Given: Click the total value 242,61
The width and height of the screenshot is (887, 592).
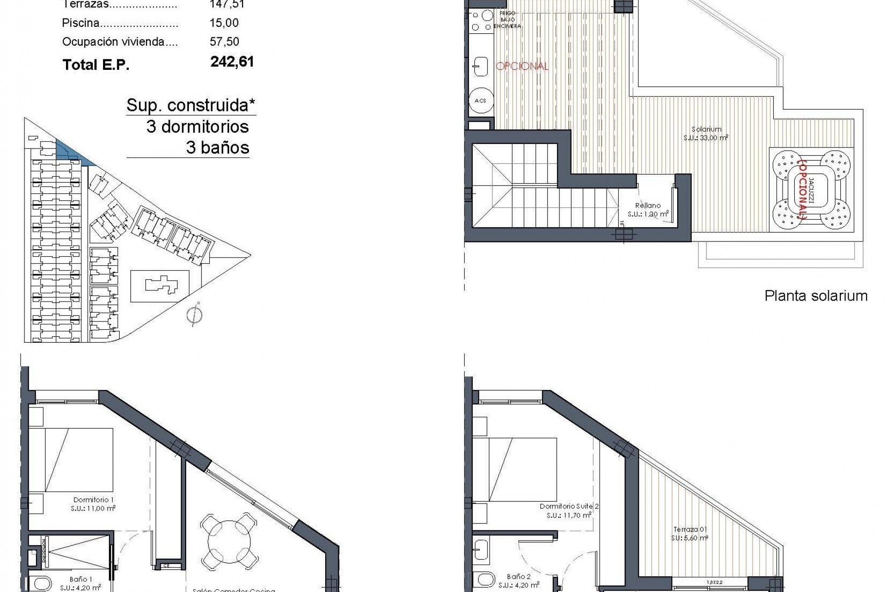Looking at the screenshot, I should coord(232,62).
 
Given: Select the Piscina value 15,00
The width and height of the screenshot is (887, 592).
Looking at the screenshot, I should coord(224,23).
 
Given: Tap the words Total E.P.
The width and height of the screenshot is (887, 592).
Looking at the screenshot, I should coord(96,65).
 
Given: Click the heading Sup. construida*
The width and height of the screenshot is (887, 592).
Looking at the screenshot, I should coord(191,105).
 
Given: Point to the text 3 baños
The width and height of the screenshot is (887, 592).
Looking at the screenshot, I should coord(218,148).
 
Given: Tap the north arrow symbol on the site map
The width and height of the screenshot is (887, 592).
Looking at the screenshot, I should coord(195,315).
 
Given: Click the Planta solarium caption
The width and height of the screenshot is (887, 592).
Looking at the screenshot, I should coord(816,296).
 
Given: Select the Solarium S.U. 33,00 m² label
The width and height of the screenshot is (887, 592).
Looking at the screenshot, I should coord(706,134).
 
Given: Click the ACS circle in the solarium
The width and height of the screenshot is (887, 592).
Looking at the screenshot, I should coord(480,100).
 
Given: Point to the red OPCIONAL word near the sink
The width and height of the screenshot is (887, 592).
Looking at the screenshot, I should coord(522,66).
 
